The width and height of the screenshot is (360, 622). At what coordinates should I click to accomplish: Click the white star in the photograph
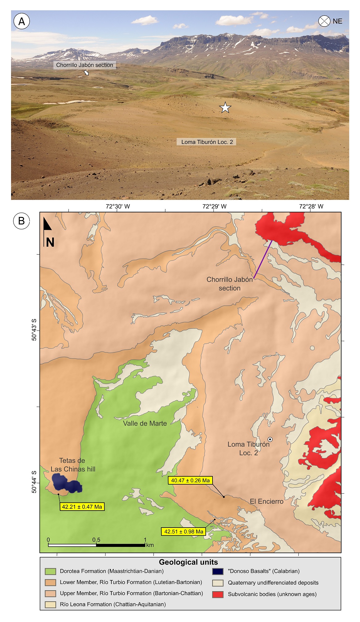225,108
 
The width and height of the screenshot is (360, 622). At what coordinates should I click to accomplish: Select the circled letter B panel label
21,221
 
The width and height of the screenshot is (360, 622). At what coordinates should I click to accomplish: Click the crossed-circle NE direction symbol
324,21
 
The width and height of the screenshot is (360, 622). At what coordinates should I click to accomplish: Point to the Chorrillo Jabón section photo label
85,65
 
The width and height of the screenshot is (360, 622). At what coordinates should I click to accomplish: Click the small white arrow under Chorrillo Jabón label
86,73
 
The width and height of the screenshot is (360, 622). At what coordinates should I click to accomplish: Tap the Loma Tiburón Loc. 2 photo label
207,142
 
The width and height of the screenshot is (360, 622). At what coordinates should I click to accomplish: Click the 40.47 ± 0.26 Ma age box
190,480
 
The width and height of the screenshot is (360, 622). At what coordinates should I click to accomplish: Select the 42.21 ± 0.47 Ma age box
82,507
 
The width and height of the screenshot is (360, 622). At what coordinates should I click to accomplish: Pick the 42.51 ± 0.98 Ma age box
184,532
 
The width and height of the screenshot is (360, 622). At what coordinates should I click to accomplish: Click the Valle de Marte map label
145,424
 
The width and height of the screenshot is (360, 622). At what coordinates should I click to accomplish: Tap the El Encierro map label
267,501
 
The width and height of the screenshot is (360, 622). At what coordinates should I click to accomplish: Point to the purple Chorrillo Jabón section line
263,259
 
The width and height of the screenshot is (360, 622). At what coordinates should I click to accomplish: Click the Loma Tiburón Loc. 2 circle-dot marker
270,439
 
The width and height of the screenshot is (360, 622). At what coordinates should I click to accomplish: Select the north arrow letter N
50,243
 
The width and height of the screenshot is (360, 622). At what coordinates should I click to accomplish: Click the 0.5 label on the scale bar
96,540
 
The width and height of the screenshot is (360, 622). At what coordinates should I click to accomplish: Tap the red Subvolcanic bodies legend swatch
218,594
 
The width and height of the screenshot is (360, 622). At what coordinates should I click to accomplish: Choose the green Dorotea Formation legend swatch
50,571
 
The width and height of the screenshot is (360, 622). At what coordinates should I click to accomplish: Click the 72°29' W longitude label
214,207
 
